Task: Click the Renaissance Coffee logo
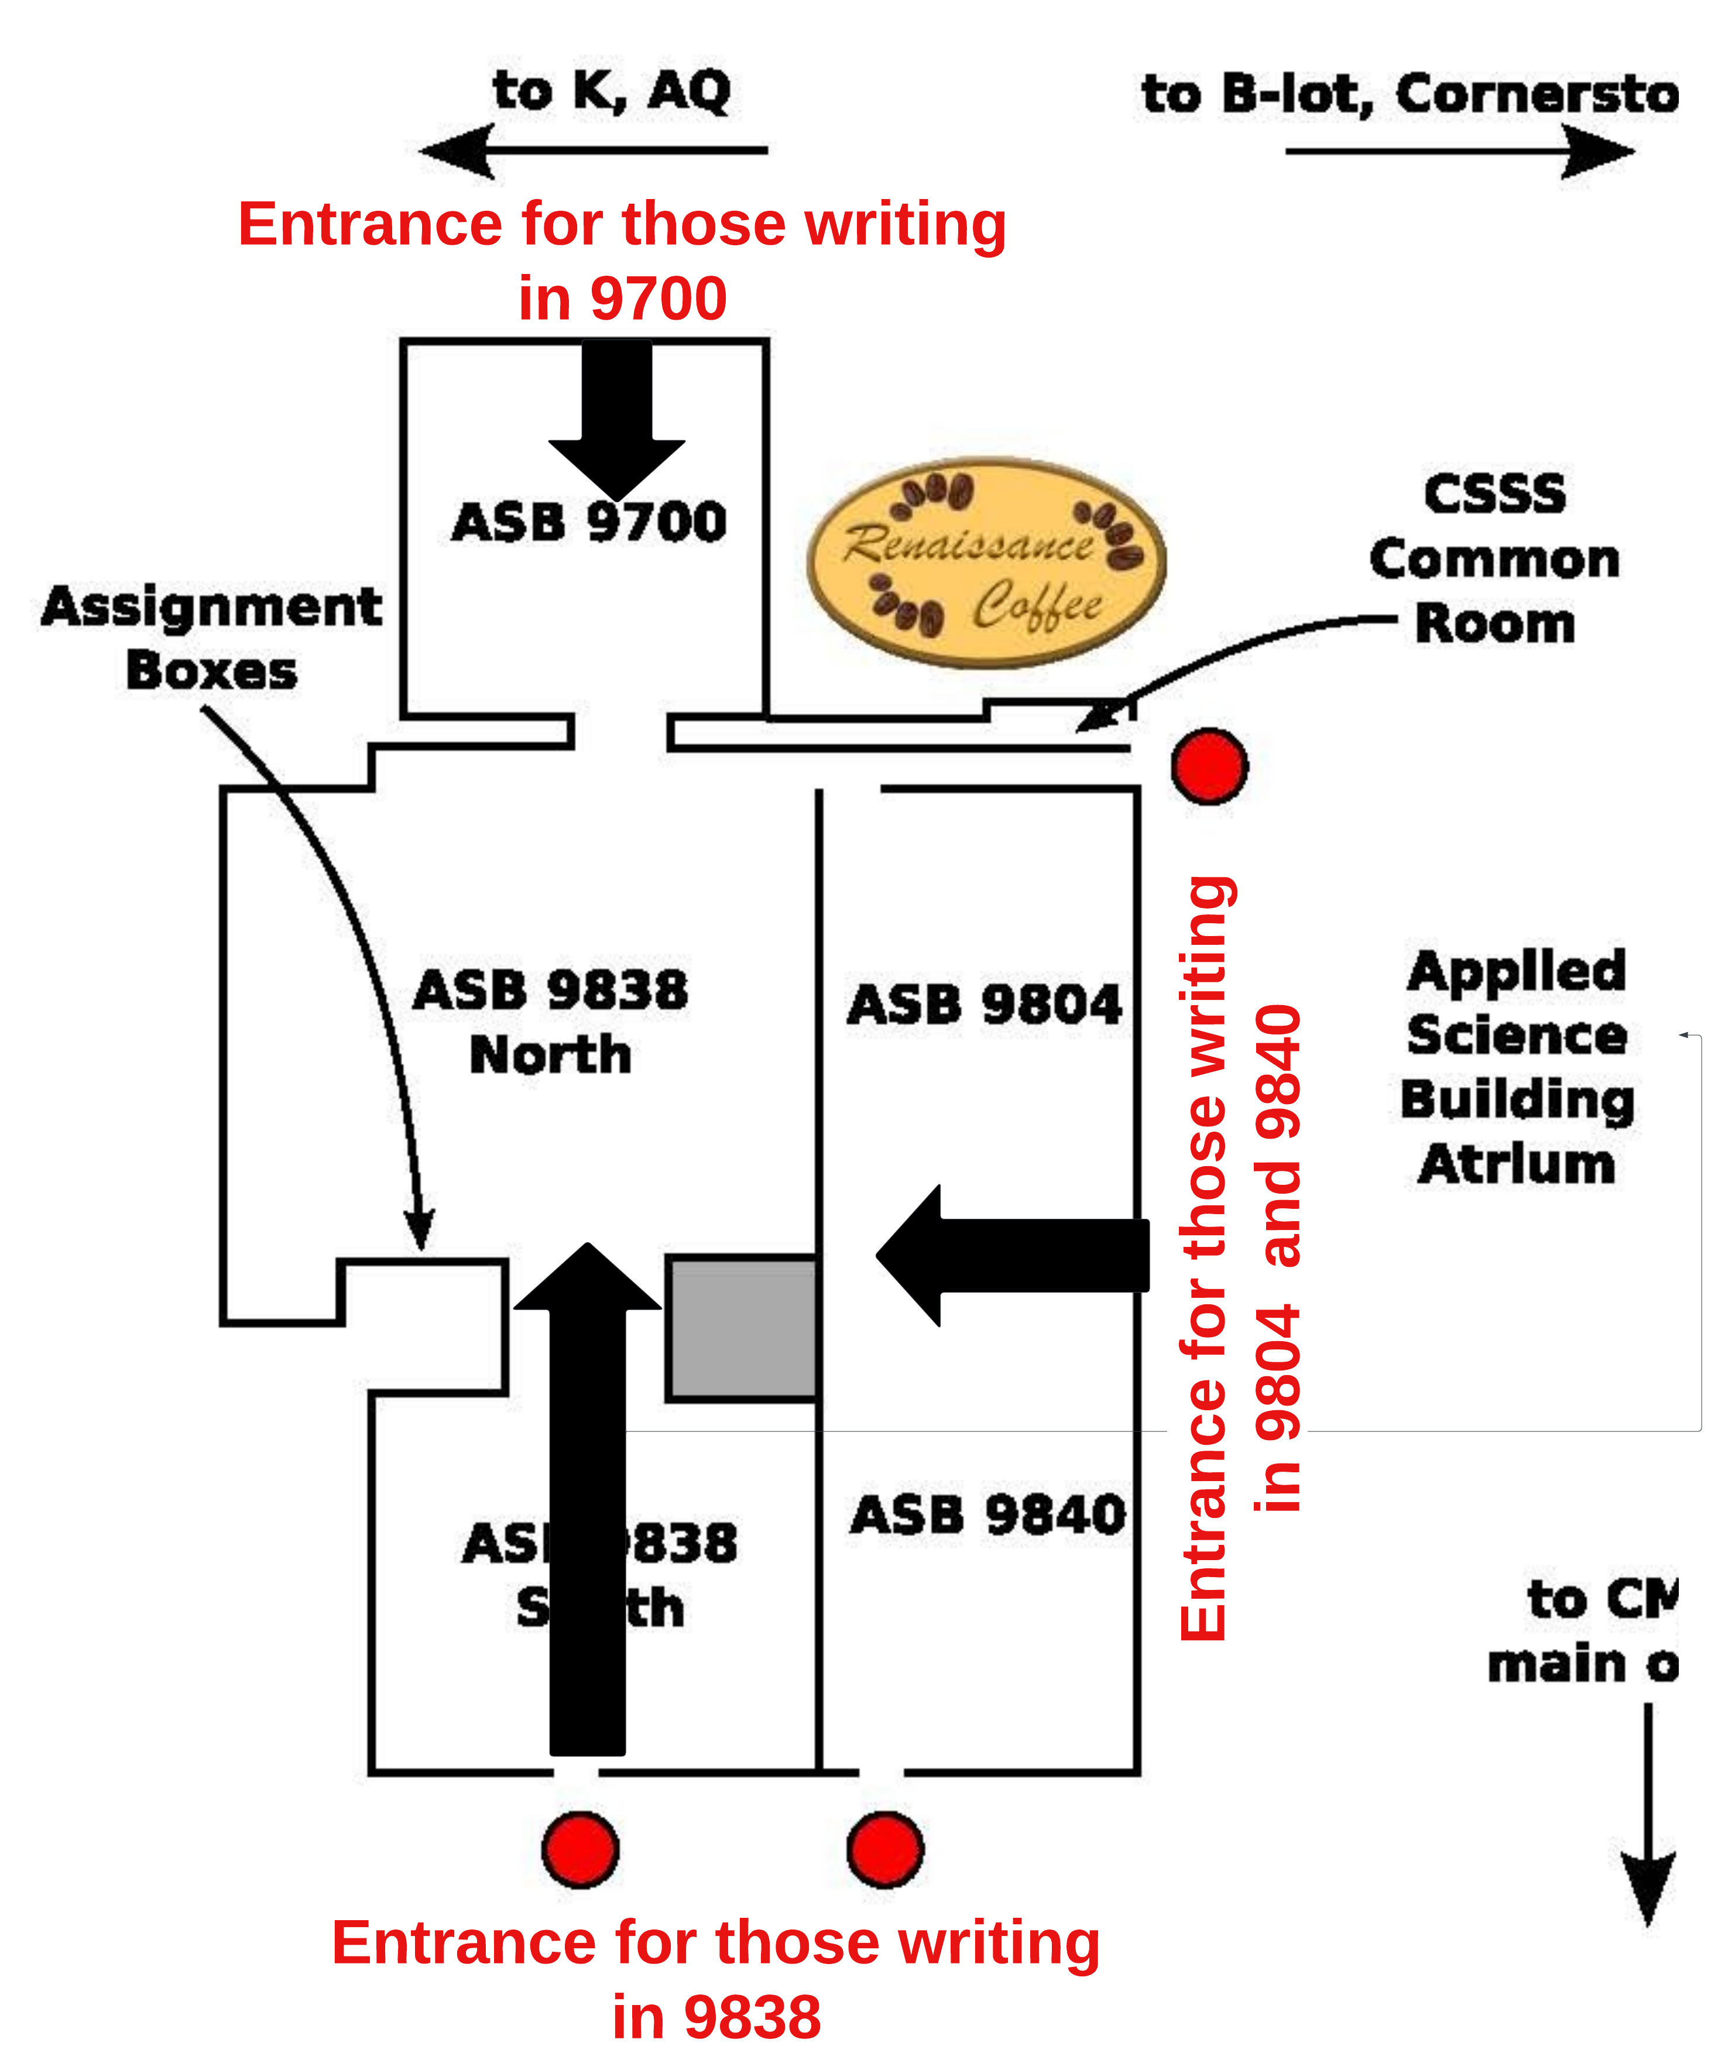click(x=986, y=562)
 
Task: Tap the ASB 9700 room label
click(x=588, y=522)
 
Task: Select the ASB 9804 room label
click(x=985, y=1005)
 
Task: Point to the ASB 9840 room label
click(x=987, y=1515)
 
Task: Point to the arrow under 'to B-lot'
click(x=1459, y=152)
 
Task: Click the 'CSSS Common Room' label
click(x=1494, y=559)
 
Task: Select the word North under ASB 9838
click(x=550, y=1055)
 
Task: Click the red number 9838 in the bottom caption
click(x=753, y=2018)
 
